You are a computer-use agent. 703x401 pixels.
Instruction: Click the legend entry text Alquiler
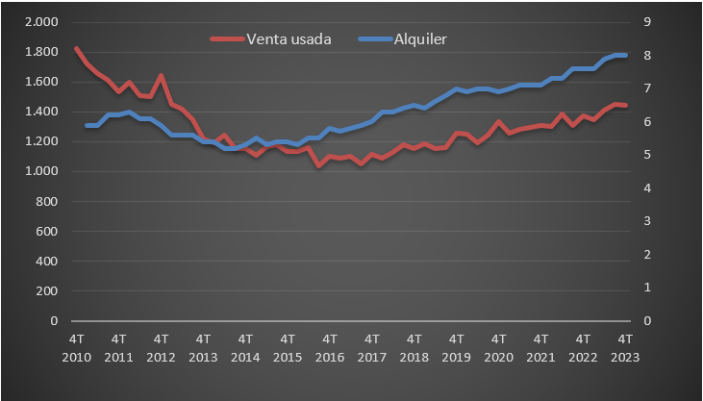(x=421, y=39)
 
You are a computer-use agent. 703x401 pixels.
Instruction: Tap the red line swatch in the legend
(x=226, y=39)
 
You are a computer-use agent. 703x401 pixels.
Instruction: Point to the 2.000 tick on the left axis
(x=40, y=22)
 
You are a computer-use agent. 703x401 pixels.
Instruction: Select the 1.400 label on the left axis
(x=40, y=112)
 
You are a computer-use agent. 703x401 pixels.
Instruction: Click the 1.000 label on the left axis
(x=40, y=171)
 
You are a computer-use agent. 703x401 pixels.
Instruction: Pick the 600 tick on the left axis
(x=47, y=231)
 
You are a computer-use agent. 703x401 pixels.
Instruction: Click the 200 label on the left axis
(x=47, y=291)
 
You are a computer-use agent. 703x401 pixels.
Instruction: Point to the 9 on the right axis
(x=649, y=22)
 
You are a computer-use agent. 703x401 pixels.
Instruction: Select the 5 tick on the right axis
(x=649, y=155)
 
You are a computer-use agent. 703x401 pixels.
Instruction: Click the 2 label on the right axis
(x=649, y=255)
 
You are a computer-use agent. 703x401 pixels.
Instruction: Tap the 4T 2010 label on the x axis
(x=77, y=347)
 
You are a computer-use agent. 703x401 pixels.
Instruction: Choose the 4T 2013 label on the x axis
(x=204, y=347)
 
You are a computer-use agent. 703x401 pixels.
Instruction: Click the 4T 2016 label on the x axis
(x=330, y=347)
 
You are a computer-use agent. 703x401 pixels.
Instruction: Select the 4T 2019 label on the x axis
(x=457, y=347)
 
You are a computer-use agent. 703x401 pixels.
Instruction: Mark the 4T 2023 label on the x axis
(x=625, y=347)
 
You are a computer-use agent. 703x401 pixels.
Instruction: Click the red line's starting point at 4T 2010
(x=77, y=48)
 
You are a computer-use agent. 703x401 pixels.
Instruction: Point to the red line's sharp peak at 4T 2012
(x=161, y=75)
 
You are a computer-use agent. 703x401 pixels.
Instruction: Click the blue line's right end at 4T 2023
(x=625, y=55)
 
